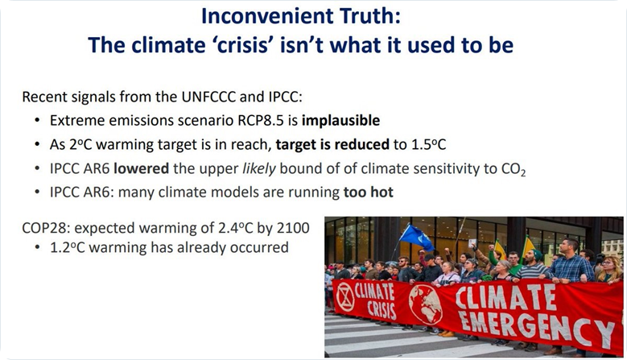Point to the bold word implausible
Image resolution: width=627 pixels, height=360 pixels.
(x=340, y=121)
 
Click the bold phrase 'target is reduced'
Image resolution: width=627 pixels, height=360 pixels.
(x=332, y=144)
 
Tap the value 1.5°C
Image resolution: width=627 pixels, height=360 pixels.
(x=429, y=144)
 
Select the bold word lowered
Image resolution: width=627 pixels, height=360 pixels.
(x=141, y=168)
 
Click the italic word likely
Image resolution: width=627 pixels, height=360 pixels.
(x=259, y=169)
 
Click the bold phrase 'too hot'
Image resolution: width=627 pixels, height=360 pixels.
(x=369, y=192)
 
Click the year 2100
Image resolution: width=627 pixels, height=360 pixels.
(x=293, y=228)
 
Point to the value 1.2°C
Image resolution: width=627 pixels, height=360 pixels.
(x=68, y=247)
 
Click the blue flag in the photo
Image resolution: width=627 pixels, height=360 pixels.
(x=416, y=237)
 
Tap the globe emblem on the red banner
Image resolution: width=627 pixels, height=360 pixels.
(x=425, y=304)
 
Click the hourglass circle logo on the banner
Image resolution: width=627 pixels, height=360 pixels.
(x=345, y=297)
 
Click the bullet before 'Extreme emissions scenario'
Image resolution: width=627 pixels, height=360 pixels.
(x=37, y=120)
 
